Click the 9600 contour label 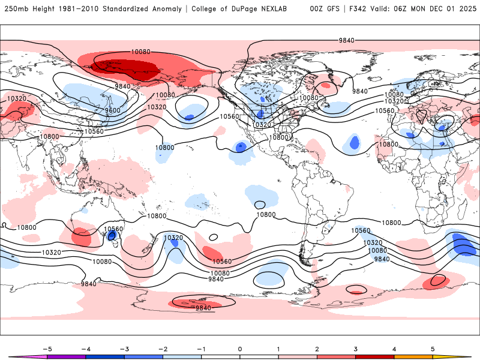[112, 110]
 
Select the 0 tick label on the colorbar [240, 348]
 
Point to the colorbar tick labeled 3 [356, 348]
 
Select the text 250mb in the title [16, 9]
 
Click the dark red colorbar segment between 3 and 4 [375, 356]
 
